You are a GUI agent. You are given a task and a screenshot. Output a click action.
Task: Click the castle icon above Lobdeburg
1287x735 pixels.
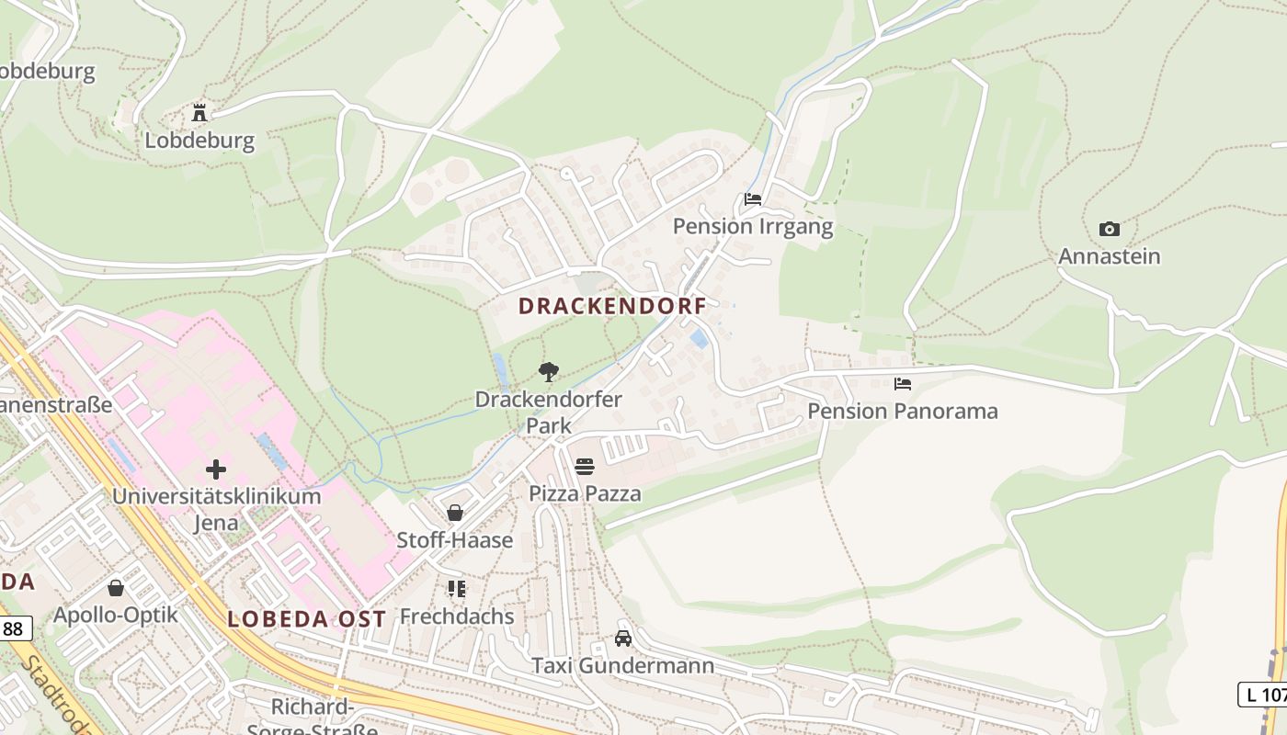[199, 113]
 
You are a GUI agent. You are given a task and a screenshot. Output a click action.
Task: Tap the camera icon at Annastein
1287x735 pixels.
[1110, 229]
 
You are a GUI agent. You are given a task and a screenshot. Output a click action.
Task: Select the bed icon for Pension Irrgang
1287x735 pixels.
[753, 198]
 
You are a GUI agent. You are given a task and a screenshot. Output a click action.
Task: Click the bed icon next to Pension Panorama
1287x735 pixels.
[903, 383]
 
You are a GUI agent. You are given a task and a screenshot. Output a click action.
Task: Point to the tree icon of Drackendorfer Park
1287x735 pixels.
[549, 371]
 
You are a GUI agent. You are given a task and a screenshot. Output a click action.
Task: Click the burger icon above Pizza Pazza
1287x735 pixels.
[585, 466]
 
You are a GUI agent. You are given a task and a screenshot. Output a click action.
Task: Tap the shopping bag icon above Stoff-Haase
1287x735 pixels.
[455, 512]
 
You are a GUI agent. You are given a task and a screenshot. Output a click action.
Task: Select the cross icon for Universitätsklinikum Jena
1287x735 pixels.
[216, 469]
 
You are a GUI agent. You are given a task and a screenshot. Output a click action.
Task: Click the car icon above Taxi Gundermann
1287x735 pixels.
[623, 638]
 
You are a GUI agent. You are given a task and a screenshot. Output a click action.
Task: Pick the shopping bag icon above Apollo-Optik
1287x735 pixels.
[116, 587]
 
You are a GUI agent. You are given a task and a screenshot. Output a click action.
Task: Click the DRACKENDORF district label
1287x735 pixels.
[612, 306]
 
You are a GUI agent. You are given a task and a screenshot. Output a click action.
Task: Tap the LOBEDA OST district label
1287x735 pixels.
[306, 619]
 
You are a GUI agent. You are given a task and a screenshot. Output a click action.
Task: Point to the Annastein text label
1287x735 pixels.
[1109, 256]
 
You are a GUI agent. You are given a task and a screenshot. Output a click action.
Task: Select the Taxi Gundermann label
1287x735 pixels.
[623, 665]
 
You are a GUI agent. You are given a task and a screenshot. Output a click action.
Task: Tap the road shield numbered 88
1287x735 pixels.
[14, 628]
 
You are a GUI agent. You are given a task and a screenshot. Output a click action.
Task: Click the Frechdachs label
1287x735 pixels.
[457, 616]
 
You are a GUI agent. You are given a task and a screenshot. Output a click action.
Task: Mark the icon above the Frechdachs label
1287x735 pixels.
[456, 588]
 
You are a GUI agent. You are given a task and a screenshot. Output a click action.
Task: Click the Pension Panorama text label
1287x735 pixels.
[903, 411]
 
